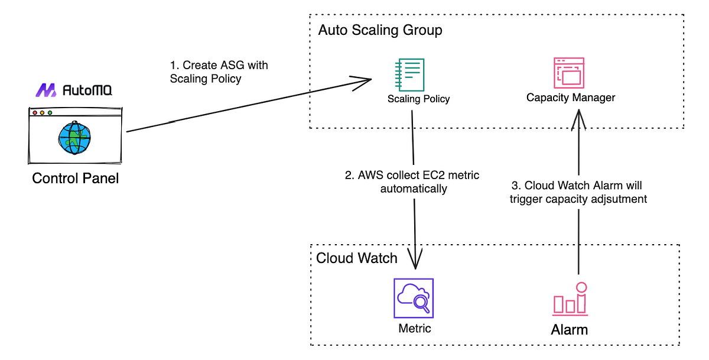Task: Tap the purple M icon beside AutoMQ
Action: [x=47, y=90]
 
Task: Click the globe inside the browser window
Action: [x=74, y=138]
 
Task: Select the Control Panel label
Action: [x=75, y=178]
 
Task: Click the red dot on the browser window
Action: [x=35, y=112]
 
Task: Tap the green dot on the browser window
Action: [x=50, y=112]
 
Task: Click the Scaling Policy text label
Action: [x=418, y=99]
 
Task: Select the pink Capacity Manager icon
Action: [x=568, y=73]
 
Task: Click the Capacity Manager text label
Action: [x=571, y=98]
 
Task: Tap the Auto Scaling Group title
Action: [x=380, y=30]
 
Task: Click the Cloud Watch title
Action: [x=356, y=258]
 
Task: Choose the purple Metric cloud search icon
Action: [x=414, y=299]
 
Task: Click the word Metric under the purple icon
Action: [x=414, y=328]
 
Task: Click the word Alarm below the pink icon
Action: [x=569, y=329]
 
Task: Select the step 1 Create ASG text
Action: [x=219, y=72]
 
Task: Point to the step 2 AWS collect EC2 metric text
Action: [x=412, y=181]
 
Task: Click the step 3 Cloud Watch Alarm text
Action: [x=578, y=192]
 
